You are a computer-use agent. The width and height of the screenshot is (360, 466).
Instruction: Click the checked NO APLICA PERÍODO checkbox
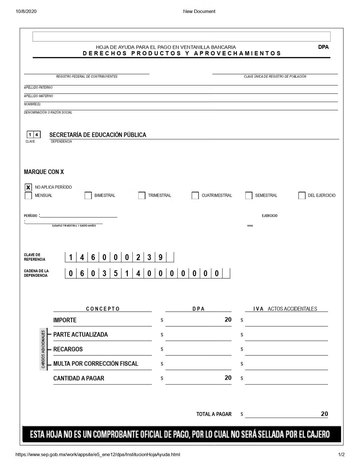tap(28, 187)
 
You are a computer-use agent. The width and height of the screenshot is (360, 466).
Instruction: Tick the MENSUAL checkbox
tap(28, 196)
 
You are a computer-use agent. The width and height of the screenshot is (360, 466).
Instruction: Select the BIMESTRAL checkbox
tap(88, 196)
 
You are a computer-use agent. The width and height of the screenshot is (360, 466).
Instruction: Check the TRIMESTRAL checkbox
tap(142, 196)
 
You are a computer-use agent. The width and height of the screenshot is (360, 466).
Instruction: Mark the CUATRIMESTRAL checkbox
tap(195, 196)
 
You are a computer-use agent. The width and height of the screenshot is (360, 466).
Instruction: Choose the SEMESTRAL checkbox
tap(249, 196)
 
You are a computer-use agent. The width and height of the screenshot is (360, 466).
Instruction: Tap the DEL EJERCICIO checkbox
tap(302, 196)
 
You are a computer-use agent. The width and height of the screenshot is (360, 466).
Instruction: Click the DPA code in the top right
tap(323, 47)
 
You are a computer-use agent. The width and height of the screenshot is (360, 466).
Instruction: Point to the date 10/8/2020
tap(26, 11)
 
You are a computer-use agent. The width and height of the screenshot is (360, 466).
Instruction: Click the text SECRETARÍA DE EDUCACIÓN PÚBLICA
tap(98, 135)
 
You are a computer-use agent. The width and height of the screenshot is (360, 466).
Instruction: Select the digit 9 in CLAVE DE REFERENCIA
tap(160, 257)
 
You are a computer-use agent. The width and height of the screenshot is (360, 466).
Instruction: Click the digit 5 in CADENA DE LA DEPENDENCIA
tap(116, 274)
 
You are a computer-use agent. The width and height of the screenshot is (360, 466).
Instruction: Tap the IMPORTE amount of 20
tap(228, 320)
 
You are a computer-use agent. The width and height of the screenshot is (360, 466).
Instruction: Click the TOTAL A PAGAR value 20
tap(324, 414)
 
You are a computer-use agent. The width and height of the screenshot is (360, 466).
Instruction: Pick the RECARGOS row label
tap(68, 349)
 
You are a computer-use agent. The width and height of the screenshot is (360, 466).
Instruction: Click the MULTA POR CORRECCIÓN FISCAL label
tap(96, 364)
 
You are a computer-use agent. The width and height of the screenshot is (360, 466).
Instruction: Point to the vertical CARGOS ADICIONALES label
tap(43, 349)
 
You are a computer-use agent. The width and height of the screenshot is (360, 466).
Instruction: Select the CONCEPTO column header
tap(103, 309)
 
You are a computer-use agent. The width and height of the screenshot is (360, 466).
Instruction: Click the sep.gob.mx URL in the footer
tap(98, 454)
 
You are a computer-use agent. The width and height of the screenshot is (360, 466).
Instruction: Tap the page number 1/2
tap(341, 454)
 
